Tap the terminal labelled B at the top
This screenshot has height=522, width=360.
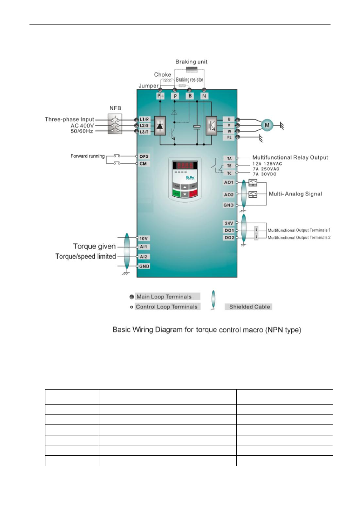click(x=190, y=96)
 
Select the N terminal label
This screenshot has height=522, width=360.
click(x=204, y=96)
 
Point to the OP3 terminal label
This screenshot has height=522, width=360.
click(x=144, y=156)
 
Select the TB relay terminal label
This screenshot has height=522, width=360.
click(x=229, y=166)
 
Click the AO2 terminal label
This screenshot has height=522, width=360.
click(x=229, y=194)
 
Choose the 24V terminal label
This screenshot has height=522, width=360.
click(x=229, y=223)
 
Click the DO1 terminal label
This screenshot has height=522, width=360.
click(x=229, y=230)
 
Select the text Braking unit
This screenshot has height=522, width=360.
click(x=192, y=62)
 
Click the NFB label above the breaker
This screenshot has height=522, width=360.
click(x=115, y=109)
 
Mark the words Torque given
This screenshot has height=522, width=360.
click(x=94, y=247)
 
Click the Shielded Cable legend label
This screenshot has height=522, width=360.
click(x=248, y=307)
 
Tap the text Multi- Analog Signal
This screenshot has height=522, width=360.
click(x=296, y=194)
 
